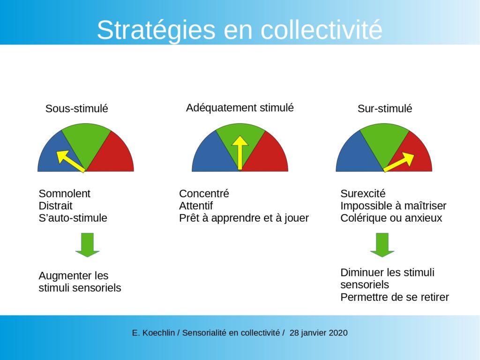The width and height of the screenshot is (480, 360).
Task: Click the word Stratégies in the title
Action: [156, 30]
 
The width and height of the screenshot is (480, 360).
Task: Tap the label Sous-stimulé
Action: [76, 108]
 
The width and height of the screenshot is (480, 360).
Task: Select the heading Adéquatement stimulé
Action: [240, 108]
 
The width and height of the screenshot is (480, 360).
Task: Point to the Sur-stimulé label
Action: [385, 108]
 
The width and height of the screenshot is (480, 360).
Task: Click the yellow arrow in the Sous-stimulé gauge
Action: [71, 161]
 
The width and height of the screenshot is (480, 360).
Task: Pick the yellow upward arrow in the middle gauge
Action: [240, 153]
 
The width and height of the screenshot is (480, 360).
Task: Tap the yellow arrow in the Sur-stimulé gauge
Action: [399, 162]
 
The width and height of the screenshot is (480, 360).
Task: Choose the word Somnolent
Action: [64, 194]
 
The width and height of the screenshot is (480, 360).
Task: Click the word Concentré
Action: [204, 194]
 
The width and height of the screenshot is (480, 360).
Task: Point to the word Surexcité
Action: [363, 194]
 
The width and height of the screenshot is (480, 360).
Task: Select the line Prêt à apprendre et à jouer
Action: [244, 218]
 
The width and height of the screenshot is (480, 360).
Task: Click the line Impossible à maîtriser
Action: [393, 206]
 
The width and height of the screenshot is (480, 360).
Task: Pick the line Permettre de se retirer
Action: [395, 297]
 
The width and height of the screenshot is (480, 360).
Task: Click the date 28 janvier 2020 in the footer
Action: [318, 333]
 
